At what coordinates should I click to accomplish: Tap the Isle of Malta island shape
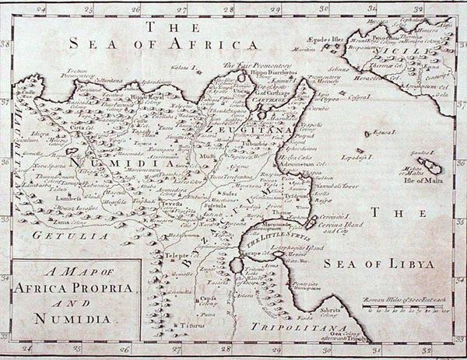[x=428, y=166]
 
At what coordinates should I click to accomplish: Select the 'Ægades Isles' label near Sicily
[x=325, y=37]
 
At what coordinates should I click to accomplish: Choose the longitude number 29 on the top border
[x=275, y=9]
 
